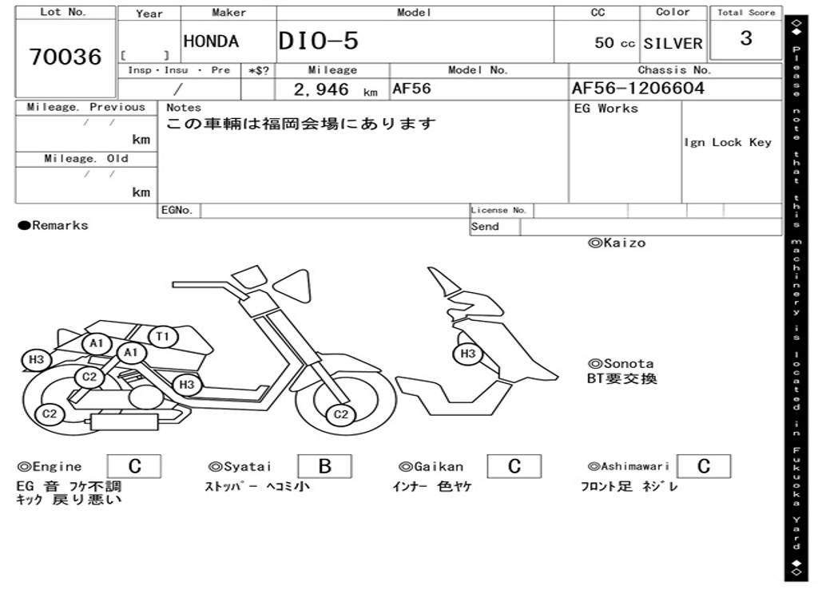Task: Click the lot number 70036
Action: (x=66, y=57)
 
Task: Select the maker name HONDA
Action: (x=211, y=42)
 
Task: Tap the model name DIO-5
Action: (x=318, y=42)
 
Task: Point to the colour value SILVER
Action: (x=673, y=43)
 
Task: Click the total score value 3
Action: (x=746, y=38)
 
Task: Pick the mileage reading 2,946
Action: (x=322, y=89)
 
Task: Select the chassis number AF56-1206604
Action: (x=637, y=89)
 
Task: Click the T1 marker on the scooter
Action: (x=163, y=336)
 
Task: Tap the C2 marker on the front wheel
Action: (x=341, y=413)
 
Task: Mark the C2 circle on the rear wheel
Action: (x=50, y=413)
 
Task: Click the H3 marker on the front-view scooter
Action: (x=468, y=353)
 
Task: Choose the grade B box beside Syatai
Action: (x=324, y=466)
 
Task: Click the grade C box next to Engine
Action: (x=134, y=466)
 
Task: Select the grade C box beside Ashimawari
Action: (x=703, y=466)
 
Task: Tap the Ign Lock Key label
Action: (x=728, y=142)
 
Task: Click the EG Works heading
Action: (x=606, y=109)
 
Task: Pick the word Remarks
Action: (x=60, y=225)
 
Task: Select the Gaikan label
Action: (x=438, y=467)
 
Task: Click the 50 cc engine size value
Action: (x=615, y=43)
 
